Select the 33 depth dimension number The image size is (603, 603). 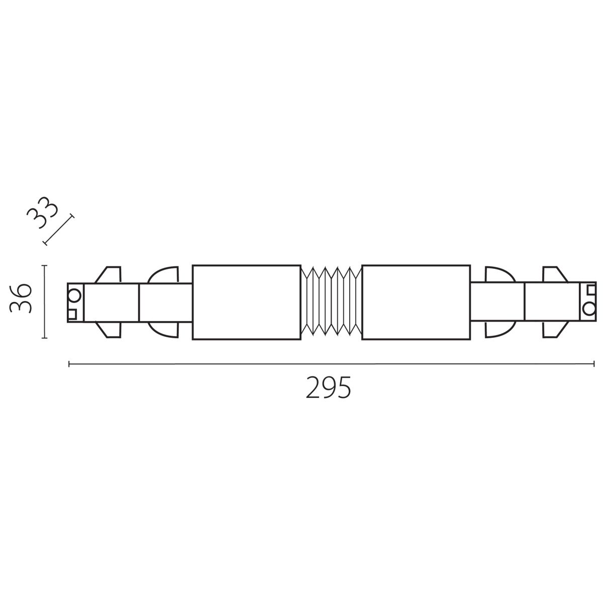coord(43,213)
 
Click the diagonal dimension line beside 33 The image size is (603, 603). coord(59,229)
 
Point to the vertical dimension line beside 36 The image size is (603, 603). coord(45,301)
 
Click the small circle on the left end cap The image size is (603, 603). coord(74,295)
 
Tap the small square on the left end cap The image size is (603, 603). coord(72,314)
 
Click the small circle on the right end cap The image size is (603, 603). coord(588,309)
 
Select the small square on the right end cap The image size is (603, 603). coord(591,289)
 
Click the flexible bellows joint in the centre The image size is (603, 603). coord(331,301)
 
